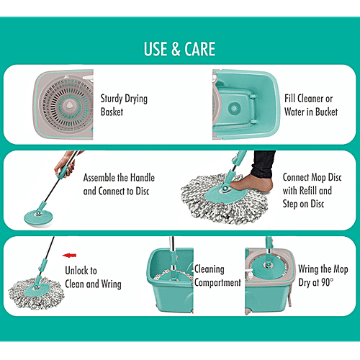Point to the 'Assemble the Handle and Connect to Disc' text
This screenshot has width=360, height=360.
119,184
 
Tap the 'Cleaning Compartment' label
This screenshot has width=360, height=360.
217,276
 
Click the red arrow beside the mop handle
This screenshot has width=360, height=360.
70,253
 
